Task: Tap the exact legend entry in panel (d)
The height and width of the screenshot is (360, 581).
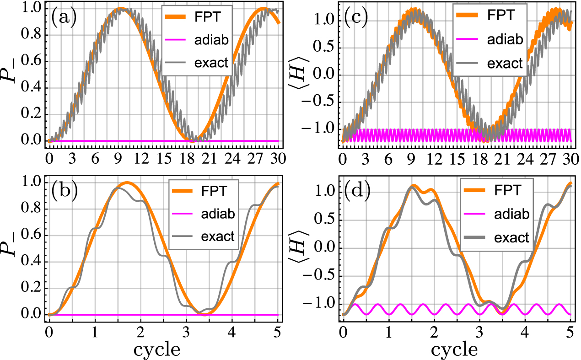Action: [x=512, y=237]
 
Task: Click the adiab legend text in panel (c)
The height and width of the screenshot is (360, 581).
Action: [x=506, y=41]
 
